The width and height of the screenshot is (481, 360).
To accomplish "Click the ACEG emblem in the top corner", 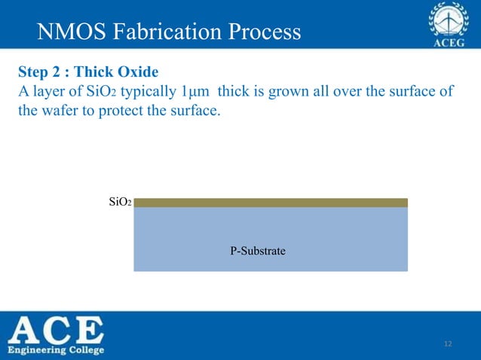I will pyautogui.click(x=449, y=24).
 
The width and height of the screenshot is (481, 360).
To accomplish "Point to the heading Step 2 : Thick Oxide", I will pyautogui.click(x=87, y=73).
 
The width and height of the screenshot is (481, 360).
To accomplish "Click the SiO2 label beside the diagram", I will pyautogui.click(x=121, y=203).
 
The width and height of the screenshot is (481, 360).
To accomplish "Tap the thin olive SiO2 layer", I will pyautogui.click(x=271, y=203).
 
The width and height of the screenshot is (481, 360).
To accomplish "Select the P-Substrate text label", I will pyautogui.click(x=258, y=250).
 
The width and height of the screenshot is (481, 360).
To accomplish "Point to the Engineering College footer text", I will pyautogui.click(x=57, y=350).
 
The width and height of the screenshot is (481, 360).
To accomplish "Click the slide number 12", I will pyautogui.click(x=448, y=344).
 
